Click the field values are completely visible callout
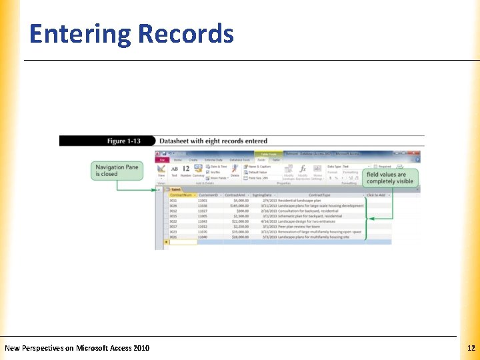pos(390,178)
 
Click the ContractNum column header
pos(181,195)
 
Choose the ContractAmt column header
pos(237,195)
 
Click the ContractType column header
pos(320,195)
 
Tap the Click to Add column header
pos(377,195)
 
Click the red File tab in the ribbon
pos(162,160)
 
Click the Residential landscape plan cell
pos(299,200)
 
